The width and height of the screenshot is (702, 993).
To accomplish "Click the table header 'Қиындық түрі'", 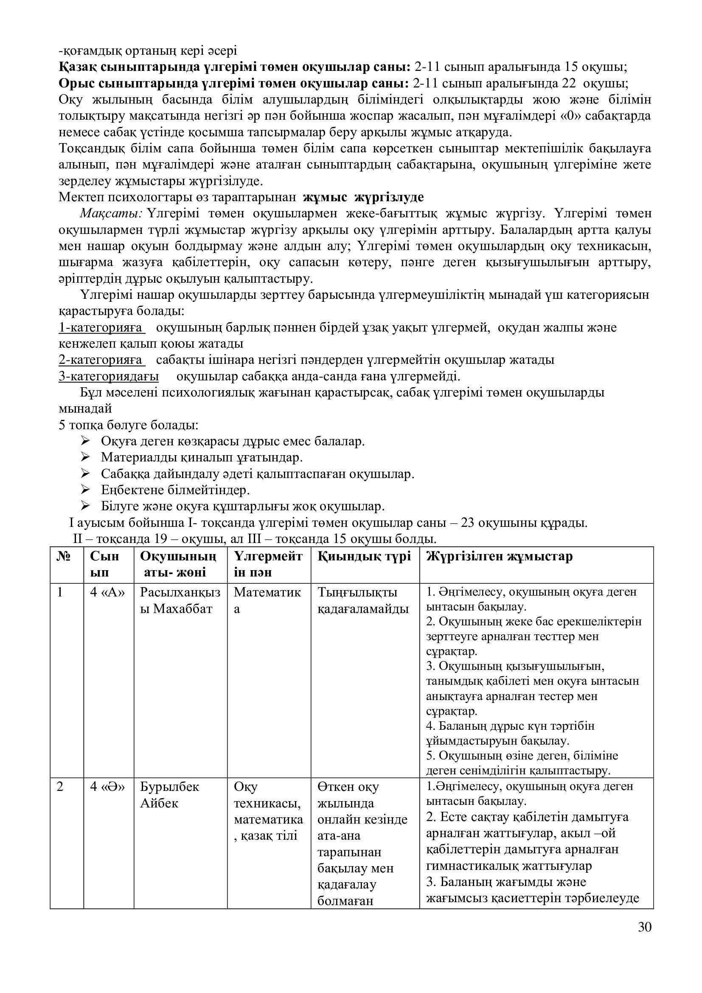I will click(x=364, y=556).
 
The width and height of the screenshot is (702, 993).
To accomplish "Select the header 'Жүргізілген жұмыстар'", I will click(x=499, y=556).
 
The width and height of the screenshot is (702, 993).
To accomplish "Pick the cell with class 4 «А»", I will click(x=107, y=592).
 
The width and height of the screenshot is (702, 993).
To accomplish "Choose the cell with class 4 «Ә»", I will click(x=107, y=786).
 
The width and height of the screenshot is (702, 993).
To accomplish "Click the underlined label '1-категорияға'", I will click(x=101, y=328).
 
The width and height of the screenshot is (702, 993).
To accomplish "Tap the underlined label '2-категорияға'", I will click(x=101, y=360).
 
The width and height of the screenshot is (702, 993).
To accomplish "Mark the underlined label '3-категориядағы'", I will click(x=109, y=376).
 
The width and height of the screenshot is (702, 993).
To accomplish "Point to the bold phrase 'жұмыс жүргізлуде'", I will click(x=363, y=197).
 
